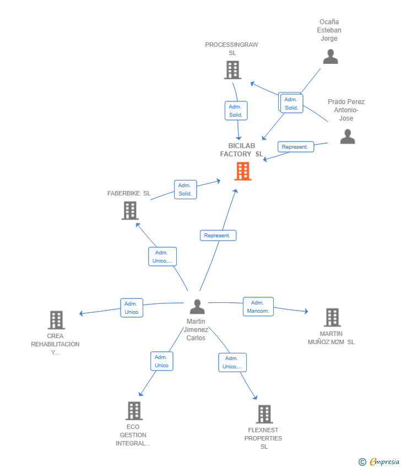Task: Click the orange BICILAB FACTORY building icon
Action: click(x=243, y=171)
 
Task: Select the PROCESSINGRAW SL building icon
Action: click(x=232, y=70)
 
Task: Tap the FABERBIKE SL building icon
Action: click(x=130, y=210)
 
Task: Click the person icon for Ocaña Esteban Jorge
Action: click(x=330, y=57)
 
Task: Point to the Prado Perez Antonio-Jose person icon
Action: click(x=348, y=137)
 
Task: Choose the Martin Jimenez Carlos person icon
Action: click(x=197, y=307)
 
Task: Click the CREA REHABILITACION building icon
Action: click(x=56, y=320)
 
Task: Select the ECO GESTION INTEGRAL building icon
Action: click(x=134, y=411)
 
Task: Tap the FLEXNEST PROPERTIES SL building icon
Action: click(x=264, y=414)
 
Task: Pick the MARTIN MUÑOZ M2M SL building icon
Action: click(x=332, y=317)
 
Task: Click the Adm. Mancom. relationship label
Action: click(x=258, y=307)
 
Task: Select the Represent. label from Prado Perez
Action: click(x=296, y=147)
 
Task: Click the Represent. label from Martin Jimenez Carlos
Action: click(x=218, y=236)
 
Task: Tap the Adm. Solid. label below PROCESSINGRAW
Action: click(x=236, y=111)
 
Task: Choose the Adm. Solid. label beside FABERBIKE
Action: click(x=186, y=189)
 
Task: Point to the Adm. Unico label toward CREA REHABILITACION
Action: click(x=132, y=308)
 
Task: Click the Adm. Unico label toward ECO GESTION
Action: click(x=162, y=361)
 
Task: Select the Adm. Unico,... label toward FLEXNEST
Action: click(x=232, y=362)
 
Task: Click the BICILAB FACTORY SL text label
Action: click(x=242, y=150)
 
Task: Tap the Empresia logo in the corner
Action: click(x=378, y=462)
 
